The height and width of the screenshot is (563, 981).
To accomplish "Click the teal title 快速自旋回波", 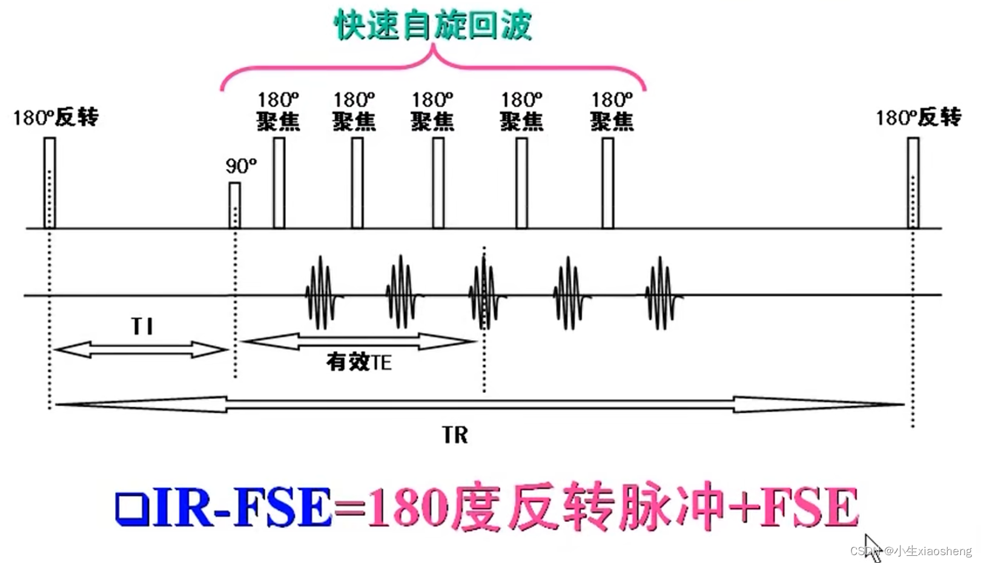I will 433,25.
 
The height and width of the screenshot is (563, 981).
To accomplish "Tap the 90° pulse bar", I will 234,205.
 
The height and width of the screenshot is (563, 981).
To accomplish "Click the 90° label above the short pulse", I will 240,166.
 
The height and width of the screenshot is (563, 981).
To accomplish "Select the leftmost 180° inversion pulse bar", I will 50,183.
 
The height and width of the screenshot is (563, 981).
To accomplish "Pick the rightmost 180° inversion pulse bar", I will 913,183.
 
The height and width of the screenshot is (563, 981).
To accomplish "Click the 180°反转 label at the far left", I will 56,117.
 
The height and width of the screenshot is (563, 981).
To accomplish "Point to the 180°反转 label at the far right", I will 918,117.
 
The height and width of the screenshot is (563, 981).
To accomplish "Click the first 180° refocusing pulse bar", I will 279,183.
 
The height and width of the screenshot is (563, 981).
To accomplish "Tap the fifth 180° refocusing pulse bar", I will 608,183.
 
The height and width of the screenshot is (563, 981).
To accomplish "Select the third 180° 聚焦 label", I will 432,111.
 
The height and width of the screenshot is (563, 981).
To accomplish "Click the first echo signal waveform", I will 321,293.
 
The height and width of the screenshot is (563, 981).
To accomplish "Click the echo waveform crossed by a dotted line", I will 484,293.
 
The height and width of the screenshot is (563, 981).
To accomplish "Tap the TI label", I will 142,327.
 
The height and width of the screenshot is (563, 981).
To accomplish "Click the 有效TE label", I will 358,362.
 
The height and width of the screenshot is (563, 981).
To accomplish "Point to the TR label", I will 455,435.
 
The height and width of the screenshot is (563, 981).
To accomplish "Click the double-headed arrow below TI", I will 141,349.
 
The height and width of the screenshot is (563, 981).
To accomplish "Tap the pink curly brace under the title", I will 433,67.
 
